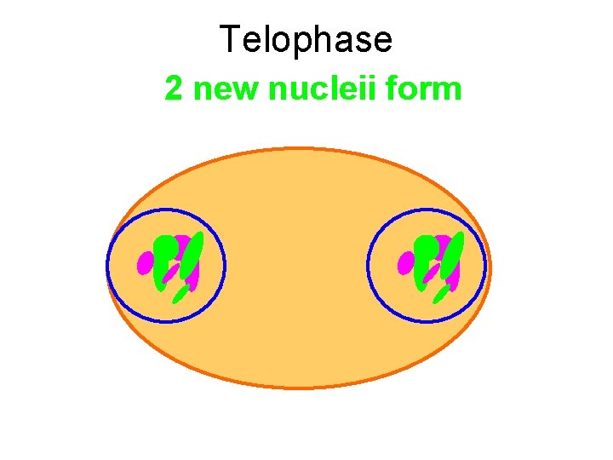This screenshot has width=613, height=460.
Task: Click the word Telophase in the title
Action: point(306,40)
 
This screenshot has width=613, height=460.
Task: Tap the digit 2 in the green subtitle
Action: point(174,88)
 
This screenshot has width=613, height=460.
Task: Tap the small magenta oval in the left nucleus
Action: point(145,262)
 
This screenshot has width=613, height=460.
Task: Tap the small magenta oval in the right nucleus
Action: point(406,262)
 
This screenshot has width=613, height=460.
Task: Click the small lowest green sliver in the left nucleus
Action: point(180,294)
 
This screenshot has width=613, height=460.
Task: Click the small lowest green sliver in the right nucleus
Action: point(441,294)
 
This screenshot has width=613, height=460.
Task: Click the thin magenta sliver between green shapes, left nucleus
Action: point(171,273)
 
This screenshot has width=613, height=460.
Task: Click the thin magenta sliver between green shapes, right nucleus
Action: point(433,273)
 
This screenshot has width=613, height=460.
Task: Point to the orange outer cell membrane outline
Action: point(298,388)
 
